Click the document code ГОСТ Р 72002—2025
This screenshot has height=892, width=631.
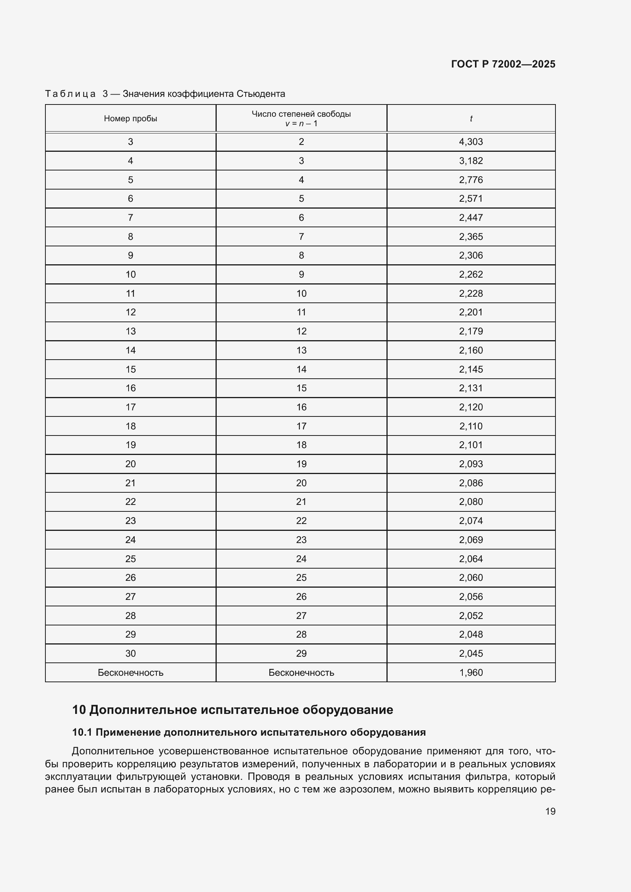pos(503,64)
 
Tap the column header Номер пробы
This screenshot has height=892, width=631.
pos(130,119)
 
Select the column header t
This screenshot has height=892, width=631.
pos(471,119)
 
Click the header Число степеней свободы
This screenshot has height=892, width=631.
pos(301,114)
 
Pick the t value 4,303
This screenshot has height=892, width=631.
pos(471,142)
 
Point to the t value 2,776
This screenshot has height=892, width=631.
pos(471,180)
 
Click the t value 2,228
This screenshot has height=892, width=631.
pos(471,293)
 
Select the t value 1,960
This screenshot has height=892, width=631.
pos(471,672)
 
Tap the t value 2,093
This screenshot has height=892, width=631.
pos(471,464)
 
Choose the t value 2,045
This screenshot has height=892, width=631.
pos(471,654)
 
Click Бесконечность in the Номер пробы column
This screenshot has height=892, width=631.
pos(130,672)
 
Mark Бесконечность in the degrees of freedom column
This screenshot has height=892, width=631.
pos(301,672)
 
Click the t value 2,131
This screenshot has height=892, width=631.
pos(471,388)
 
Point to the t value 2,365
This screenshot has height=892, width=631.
pos(471,236)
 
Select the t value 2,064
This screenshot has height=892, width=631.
pos(471,559)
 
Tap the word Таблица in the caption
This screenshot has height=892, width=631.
pos(70,94)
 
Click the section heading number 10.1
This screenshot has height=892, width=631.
pos(82,732)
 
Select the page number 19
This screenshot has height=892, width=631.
pos(550,811)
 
